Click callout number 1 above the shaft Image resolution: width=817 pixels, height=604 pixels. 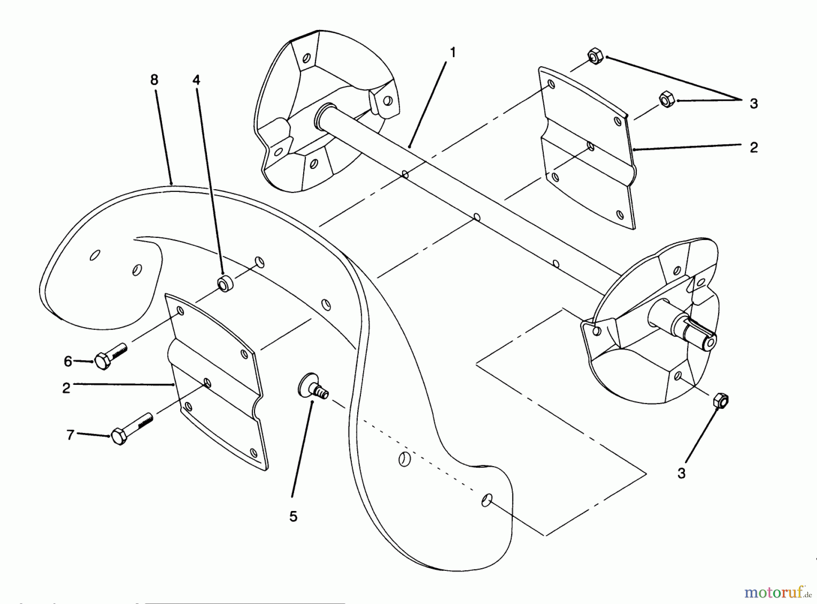[x=452, y=53]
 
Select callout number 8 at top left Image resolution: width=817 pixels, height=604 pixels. [x=154, y=80]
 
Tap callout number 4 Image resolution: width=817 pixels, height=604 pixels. [x=196, y=80]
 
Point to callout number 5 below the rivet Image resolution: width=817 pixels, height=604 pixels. [x=293, y=516]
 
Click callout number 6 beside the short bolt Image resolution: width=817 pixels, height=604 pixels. [x=68, y=361]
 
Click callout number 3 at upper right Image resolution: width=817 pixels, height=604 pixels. [x=753, y=104]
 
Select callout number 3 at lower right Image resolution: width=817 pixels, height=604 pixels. [x=681, y=473]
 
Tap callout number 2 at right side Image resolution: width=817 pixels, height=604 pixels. [x=753, y=147]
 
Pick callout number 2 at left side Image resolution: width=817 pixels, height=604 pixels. [x=66, y=388]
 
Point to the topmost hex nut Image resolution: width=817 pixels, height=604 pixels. [x=595, y=58]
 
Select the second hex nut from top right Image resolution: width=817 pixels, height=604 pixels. [x=665, y=99]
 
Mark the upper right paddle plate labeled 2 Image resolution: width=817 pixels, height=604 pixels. [x=586, y=150]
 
